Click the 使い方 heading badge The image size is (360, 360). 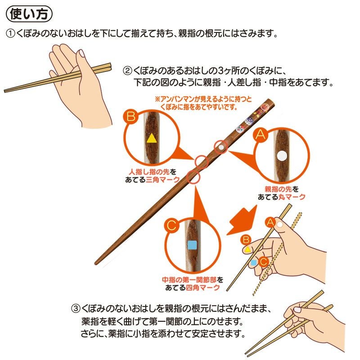[x=30, y=14]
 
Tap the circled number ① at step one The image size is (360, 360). [x=10, y=34]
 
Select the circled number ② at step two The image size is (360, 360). [x=127, y=71]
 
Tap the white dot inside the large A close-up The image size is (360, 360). [x=282, y=156]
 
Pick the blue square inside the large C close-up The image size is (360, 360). [x=192, y=245]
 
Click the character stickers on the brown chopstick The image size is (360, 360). [x=252, y=118]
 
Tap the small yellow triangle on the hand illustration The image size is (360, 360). [x=247, y=249]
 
